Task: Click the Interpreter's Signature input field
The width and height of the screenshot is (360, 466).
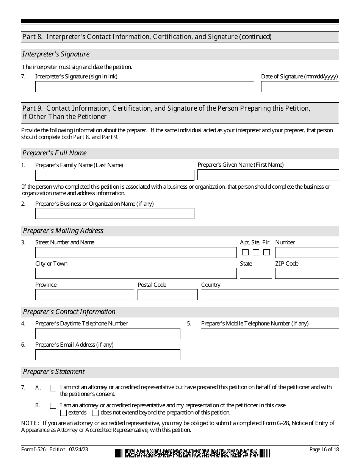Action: pyautogui.click(x=144, y=86)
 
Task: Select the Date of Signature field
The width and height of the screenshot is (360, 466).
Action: pyautogui.click(x=300, y=86)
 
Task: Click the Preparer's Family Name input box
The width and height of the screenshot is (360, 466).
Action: pyautogui.click(x=114, y=175)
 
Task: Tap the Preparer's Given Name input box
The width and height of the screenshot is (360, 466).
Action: pyautogui.click(x=268, y=175)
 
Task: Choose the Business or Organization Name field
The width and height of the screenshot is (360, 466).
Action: pyautogui.click(x=114, y=213)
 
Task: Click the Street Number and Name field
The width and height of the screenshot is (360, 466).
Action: pyautogui.click(x=136, y=252)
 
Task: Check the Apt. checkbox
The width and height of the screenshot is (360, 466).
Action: pyautogui.click(x=246, y=252)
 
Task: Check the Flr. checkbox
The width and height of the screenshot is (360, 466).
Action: pyautogui.click(x=267, y=252)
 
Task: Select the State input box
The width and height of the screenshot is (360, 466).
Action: pyautogui.click(x=256, y=274)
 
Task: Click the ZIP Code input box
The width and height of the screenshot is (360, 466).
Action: pyautogui.click(x=307, y=274)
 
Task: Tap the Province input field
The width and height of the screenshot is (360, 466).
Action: pyautogui.click(x=85, y=295)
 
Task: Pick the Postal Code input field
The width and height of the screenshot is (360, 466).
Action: pyautogui.click(x=167, y=295)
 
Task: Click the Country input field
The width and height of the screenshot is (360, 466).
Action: pyautogui.click(x=270, y=295)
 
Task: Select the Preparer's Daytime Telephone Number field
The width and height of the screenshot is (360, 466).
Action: pyautogui.click(x=108, y=333)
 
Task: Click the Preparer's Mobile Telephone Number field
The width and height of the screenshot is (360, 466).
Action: pyautogui.click(x=270, y=333)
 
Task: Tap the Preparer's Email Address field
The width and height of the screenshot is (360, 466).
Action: pyautogui.click(x=108, y=355)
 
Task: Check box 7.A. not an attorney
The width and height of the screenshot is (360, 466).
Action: pyautogui.click(x=53, y=388)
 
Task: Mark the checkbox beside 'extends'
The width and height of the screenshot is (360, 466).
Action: pyautogui.click(x=64, y=413)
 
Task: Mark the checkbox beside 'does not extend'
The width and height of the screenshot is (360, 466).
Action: pyautogui.click(x=95, y=413)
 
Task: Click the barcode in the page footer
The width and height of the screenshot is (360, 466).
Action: pyautogui.click(x=193, y=453)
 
